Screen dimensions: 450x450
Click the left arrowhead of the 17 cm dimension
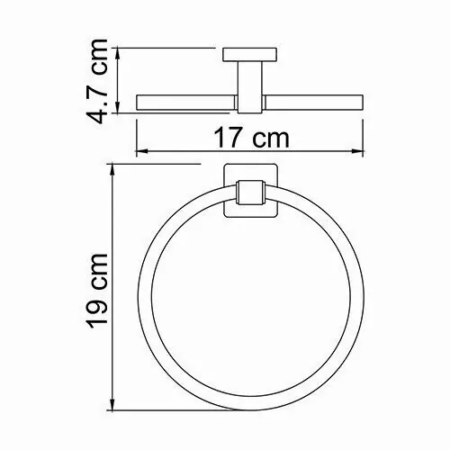point(139,149)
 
